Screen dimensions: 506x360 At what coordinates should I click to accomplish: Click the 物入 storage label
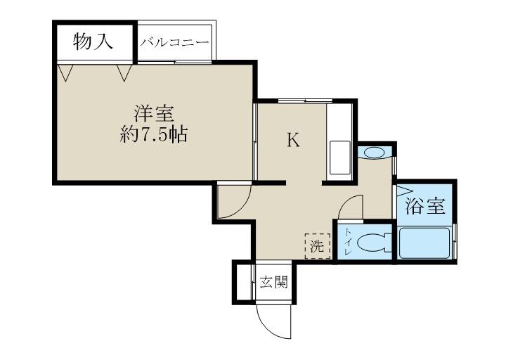point(93,41)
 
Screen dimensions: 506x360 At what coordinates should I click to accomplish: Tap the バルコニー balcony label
point(174,43)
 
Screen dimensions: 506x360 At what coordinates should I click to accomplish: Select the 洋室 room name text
point(154,114)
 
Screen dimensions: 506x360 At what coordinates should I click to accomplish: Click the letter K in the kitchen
point(293,140)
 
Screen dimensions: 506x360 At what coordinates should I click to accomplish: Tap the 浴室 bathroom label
point(425,206)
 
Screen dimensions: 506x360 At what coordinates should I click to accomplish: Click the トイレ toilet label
point(348,241)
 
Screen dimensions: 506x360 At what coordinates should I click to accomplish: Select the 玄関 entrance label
point(273,283)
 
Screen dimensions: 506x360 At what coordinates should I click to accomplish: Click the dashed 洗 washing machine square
point(318,246)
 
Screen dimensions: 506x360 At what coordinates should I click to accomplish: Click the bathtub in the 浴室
point(424,243)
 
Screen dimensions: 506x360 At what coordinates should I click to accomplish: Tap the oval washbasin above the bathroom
point(375,152)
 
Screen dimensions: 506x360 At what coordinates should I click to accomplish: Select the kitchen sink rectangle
point(340,158)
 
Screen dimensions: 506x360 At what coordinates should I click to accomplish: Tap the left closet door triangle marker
point(66,72)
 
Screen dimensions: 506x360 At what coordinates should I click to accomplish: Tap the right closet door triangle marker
point(124,72)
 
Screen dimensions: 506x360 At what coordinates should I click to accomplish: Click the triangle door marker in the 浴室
point(403,190)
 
